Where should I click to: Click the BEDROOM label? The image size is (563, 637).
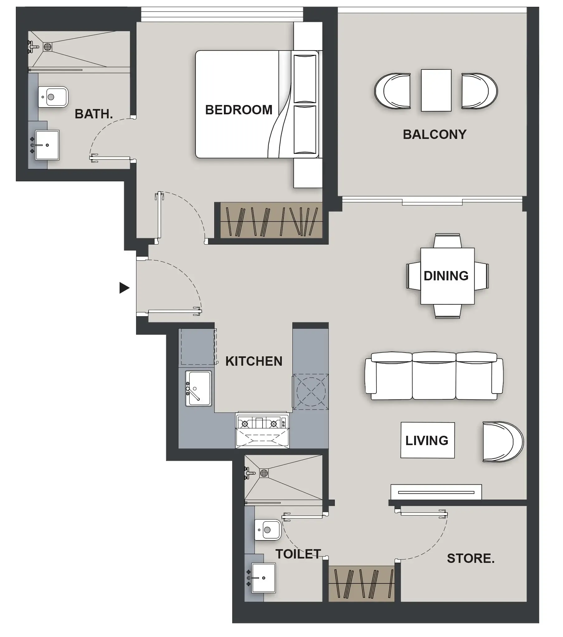[239, 110]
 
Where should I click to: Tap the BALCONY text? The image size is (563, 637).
[434, 134]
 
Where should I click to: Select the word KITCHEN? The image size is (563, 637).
[253, 361]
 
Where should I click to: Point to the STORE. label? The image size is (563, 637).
[471, 558]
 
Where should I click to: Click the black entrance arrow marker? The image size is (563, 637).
[124, 288]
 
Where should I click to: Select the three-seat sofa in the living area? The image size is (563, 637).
[434, 376]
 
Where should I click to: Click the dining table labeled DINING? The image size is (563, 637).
[447, 276]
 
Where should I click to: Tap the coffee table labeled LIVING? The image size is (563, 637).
[427, 440]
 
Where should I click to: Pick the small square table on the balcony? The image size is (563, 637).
[436, 90]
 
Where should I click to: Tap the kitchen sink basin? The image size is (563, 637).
[198, 389]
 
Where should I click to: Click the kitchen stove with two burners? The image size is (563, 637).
[262, 423]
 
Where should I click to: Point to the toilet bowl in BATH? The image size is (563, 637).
[53, 97]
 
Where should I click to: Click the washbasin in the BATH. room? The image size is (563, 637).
[47, 145]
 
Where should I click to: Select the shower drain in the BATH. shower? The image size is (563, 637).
[47, 47]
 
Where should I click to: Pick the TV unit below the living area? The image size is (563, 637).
[436, 492]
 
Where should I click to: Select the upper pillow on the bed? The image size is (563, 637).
[305, 78]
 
